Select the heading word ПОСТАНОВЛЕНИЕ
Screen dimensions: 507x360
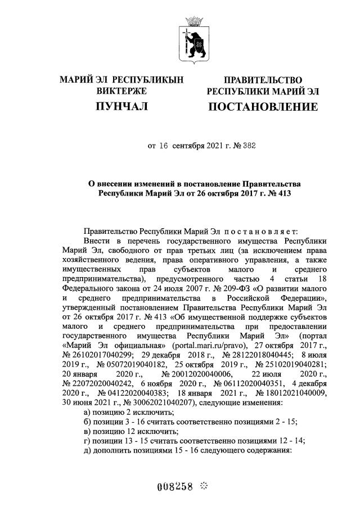(263, 106)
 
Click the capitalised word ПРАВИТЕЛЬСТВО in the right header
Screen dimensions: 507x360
(263, 80)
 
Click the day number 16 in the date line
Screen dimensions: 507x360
(164, 146)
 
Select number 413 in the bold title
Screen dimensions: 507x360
(266, 193)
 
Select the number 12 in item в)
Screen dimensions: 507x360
(128, 431)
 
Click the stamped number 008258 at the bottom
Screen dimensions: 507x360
(176, 487)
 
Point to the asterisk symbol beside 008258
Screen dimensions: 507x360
(204, 486)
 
